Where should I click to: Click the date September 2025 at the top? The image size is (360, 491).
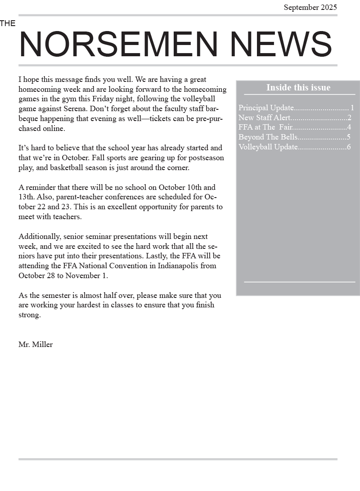click(x=310, y=7)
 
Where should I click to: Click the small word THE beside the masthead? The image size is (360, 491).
click(x=8, y=23)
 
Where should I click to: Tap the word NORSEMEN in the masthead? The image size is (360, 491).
click(x=118, y=45)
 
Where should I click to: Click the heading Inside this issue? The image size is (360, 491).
click(x=298, y=87)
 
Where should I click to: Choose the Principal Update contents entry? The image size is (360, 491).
click(x=266, y=108)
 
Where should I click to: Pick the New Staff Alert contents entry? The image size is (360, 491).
click(x=265, y=118)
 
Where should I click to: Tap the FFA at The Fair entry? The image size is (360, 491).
click(x=265, y=127)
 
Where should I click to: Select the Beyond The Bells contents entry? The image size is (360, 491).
click(x=268, y=137)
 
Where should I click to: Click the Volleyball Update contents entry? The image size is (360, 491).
click(x=268, y=147)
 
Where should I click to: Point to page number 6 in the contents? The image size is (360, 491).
click(x=349, y=147)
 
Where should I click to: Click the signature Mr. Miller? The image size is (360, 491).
click(x=36, y=345)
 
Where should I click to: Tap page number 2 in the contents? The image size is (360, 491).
click(x=349, y=118)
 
